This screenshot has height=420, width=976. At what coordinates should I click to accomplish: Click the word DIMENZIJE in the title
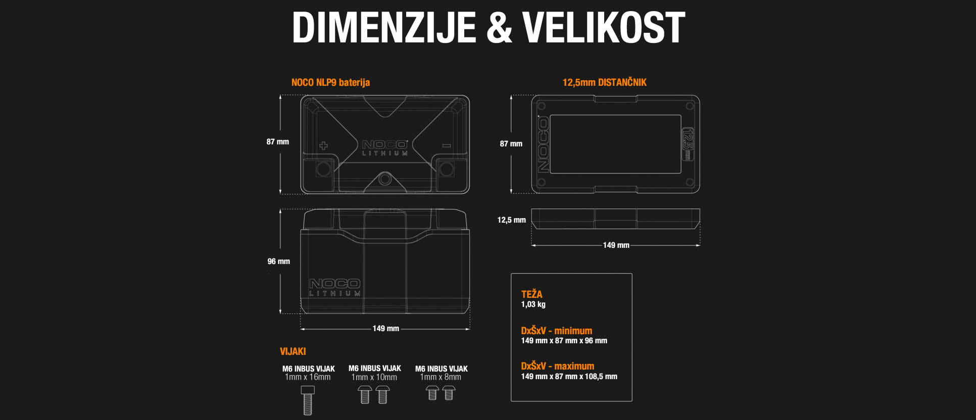pos(384,28)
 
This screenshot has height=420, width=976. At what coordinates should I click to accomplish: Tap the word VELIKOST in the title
pos(604,28)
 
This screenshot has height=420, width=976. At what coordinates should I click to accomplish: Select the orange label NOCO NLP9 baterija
pos(330,82)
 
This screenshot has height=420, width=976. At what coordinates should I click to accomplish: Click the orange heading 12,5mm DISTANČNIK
pos(604,82)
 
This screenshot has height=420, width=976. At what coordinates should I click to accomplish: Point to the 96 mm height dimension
pos(278,261)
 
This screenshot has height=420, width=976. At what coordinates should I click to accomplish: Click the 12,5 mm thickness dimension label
pos(511,220)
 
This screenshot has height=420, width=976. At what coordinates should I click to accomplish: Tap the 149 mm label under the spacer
pos(616,245)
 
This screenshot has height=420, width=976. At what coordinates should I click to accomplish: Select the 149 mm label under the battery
pos(385,329)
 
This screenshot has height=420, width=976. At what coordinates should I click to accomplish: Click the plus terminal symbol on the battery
pos(323,146)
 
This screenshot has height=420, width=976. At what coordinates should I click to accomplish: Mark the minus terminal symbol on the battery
pos(446,146)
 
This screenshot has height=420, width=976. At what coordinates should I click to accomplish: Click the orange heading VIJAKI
pos(292,351)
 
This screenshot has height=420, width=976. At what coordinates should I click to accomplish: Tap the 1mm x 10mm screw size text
pos(374,377)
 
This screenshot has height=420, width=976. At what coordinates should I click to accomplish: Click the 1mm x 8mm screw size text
pos(441,377)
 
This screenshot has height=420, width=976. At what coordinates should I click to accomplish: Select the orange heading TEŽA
pos(531,294)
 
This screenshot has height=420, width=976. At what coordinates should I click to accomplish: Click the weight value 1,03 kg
pos(533,304)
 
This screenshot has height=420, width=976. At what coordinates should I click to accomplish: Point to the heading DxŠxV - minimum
pos(556,331)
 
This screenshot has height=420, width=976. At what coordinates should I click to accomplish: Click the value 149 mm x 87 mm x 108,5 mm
pos(569,377)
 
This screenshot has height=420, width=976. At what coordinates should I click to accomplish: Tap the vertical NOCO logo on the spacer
pos(543,145)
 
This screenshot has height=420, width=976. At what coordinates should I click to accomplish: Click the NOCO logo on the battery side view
pos(334,284)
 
